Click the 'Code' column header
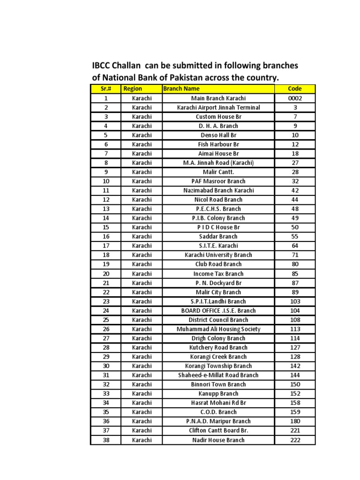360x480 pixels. pos(295,89)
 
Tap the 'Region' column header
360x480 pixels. pos(133,89)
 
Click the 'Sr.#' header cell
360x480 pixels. pos(105,89)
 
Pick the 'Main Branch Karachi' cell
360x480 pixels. pos(218,98)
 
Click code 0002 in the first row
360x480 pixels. pos(295,98)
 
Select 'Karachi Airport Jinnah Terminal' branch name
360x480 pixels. pos(218,107)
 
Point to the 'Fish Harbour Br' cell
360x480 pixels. pos(218,144)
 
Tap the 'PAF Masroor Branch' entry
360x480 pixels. pos(218,181)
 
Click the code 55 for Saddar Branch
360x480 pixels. pos(295,237)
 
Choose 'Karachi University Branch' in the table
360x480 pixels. pos(218,255)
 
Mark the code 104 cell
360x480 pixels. pos(295,310)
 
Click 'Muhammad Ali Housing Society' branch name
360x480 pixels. pos(218,329)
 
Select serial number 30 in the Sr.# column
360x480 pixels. pos(106,366)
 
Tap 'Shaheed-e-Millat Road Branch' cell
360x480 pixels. pos(218,375)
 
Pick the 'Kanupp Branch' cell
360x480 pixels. pos(218,394)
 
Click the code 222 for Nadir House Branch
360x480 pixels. pos(295,440)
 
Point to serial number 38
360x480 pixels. pos(106,440)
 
